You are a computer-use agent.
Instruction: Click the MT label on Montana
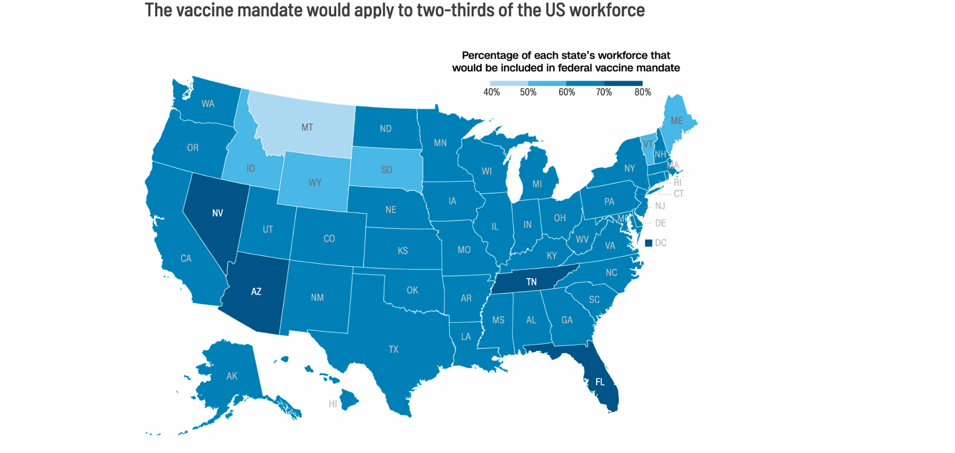(307, 127)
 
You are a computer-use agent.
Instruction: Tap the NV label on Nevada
(218, 213)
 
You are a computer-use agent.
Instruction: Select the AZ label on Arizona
(256, 292)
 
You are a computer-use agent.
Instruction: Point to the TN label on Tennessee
(531, 282)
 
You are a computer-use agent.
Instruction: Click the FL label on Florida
(600, 382)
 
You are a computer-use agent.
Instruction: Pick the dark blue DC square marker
(648, 243)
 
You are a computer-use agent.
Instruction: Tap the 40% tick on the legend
(491, 92)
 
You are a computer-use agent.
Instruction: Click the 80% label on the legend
(642, 92)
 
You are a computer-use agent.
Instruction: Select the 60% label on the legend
(567, 92)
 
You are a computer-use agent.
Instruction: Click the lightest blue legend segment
(509, 83)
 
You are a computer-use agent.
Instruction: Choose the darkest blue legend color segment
(623, 83)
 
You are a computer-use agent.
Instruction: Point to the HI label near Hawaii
(333, 404)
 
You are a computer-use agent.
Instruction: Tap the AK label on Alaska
(232, 376)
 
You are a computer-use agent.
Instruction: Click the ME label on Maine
(676, 121)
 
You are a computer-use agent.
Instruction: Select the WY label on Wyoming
(315, 182)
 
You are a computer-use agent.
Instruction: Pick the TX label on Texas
(394, 349)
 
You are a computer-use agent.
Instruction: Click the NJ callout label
(660, 206)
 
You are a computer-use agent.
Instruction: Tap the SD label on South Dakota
(387, 170)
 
